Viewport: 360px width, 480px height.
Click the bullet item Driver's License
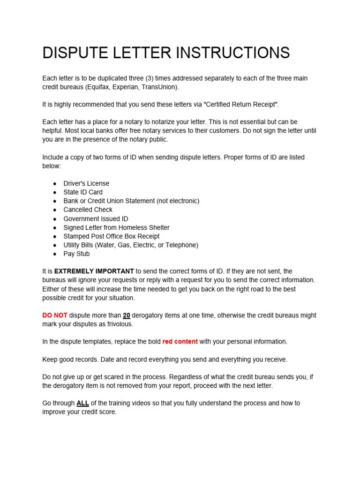86,183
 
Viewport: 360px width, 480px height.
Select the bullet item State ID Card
83,192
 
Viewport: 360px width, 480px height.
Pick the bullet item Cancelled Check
88,210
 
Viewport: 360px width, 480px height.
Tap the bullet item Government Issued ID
96,218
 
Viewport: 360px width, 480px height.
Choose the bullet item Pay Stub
76,254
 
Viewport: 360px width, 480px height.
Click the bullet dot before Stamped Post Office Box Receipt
55,236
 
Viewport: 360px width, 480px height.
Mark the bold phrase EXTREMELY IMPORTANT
94,271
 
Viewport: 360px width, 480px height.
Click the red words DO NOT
55,315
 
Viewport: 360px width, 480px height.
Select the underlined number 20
127,315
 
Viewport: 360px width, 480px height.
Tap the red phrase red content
180,342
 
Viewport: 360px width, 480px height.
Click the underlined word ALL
83,403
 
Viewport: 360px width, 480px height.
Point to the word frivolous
120,324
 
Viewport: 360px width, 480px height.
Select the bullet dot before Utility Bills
55,245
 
